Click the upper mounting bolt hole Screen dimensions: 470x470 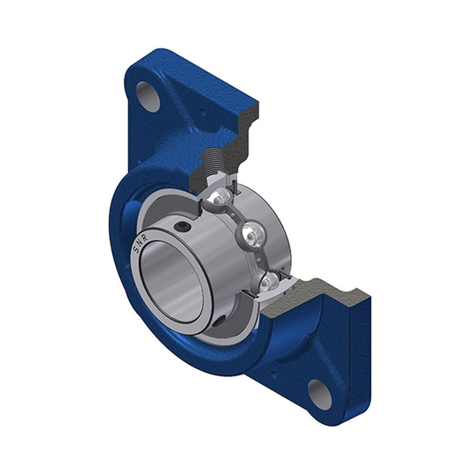pyautogui.click(x=148, y=96)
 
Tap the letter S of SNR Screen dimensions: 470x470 pyautogui.click(x=136, y=249)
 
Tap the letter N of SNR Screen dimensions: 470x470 pyautogui.click(x=139, y=243)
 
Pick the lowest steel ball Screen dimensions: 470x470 pyautogui.click(x=269, y=282)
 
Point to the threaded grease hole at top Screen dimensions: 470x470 pyautogui.click(x=212, y=161)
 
